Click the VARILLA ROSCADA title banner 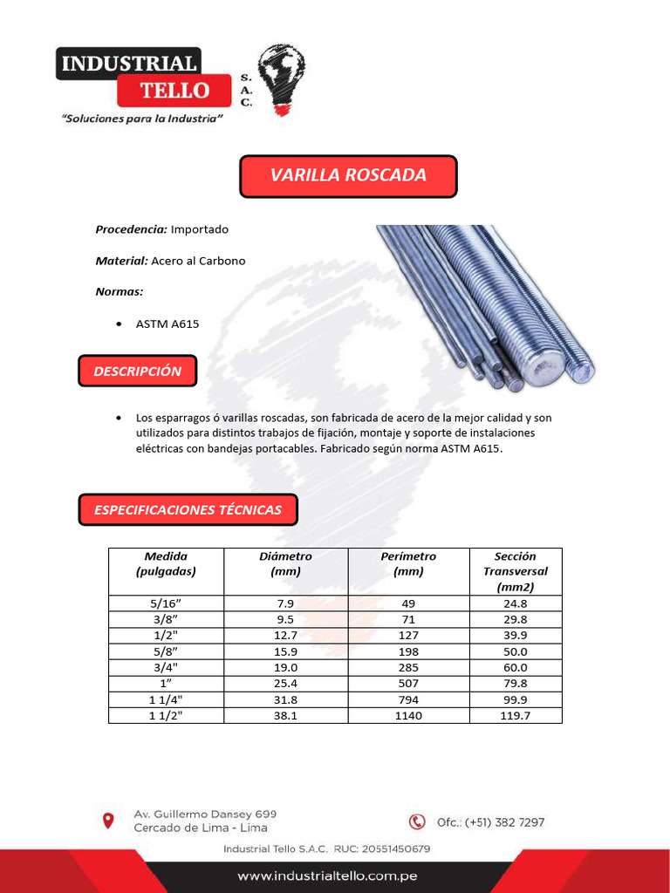click(348, 175)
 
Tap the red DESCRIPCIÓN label click(138, 371)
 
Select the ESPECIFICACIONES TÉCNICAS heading click(188, 509)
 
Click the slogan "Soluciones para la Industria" click(142, 119)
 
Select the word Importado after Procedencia click(200, 229)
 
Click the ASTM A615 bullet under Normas click(167, 324)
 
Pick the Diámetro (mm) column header click(285, 563)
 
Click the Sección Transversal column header click(515, 571)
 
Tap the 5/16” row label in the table click(166, 603)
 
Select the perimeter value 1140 click(407, 715)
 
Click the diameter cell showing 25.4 click(285, 683)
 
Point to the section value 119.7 click(515, 715)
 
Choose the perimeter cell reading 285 click(407, 667)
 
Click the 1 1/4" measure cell click(166, 699)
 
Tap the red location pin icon click(108, 821)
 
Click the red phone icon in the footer click(418, 821)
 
